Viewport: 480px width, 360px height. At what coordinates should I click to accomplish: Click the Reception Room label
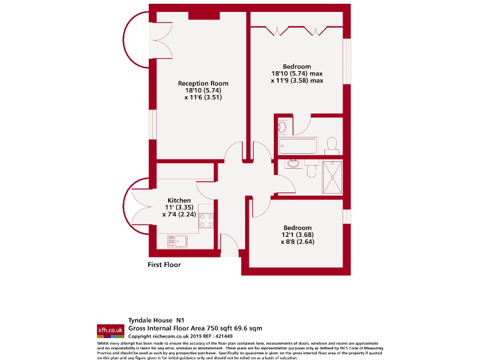click(202, 83)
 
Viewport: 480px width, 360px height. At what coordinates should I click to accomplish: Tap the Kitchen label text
click(179, 201)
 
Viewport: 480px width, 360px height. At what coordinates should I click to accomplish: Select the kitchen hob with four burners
click(206, 221)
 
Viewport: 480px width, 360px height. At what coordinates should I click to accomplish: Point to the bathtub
click(299, 146)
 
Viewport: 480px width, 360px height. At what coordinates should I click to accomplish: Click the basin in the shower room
click(292, 164)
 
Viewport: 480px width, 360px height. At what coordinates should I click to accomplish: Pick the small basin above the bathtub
click(282, 126)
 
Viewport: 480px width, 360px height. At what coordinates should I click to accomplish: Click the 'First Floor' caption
click(164, 265)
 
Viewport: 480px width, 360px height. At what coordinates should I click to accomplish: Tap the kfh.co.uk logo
click(110, 329)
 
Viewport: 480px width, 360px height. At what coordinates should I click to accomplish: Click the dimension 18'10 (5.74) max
click(297, 74)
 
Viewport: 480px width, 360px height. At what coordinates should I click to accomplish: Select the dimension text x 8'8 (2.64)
click(297, 242)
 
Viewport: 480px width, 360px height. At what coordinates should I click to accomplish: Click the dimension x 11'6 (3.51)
click(202, 97)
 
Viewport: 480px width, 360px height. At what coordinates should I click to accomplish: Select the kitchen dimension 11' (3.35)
click(179, 207)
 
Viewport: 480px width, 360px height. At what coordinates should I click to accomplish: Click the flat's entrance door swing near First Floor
click(229, 246)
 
